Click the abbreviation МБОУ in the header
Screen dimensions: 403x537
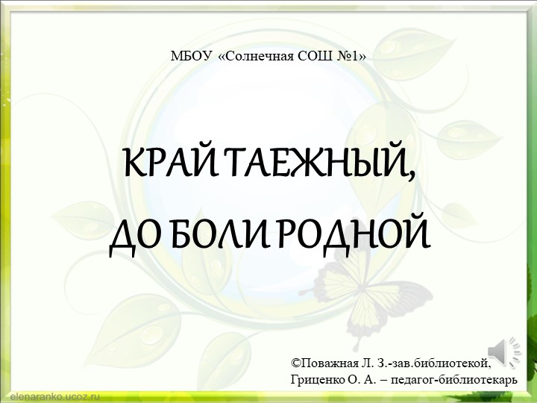click(191, 55)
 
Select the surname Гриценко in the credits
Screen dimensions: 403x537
click(315, 379)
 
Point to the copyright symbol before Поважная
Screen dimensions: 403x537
click(295, 363)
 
